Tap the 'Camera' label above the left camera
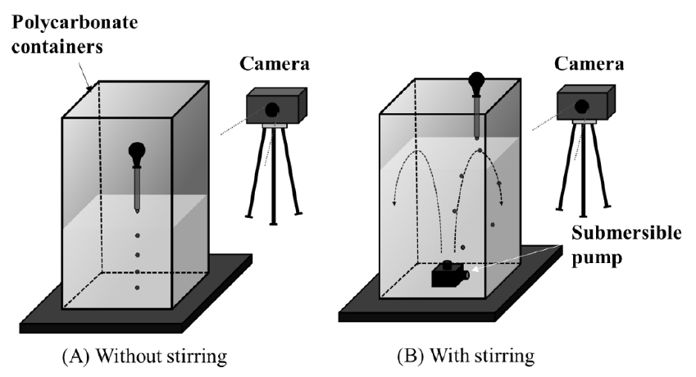point(275,62)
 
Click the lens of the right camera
point(583,104)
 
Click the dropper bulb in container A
point(137,152)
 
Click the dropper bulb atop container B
point(477,83)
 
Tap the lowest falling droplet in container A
point(137,287)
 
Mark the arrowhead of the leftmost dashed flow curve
point(394,205)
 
